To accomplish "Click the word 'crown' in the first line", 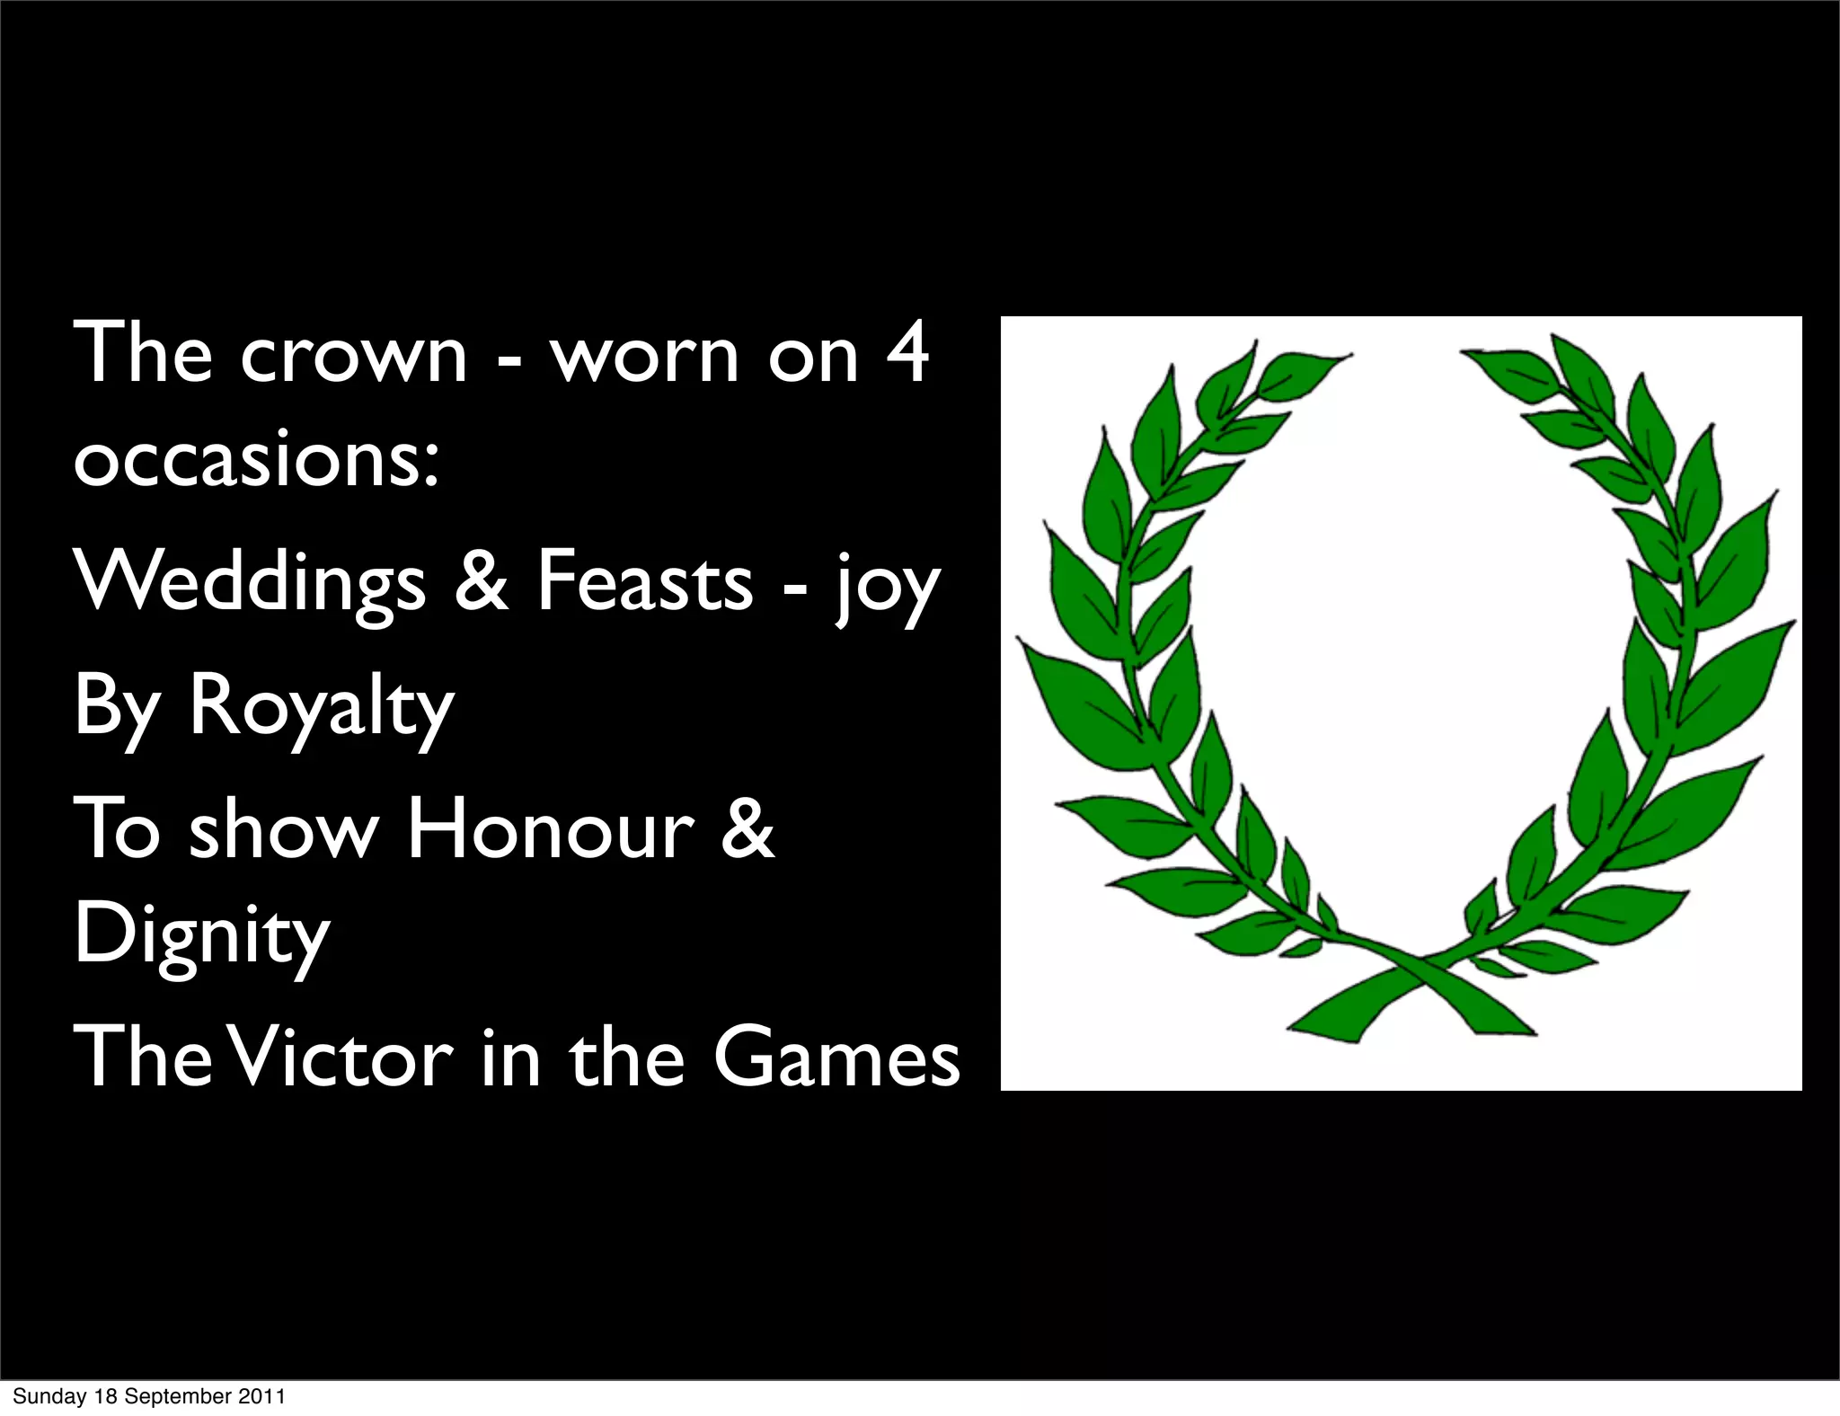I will pos(353,355).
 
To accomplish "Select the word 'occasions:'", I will pos(257,460).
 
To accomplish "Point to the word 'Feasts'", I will pos(645,582).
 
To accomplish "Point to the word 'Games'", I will pos(836,1058).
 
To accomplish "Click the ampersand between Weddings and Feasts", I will pos(481,582).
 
